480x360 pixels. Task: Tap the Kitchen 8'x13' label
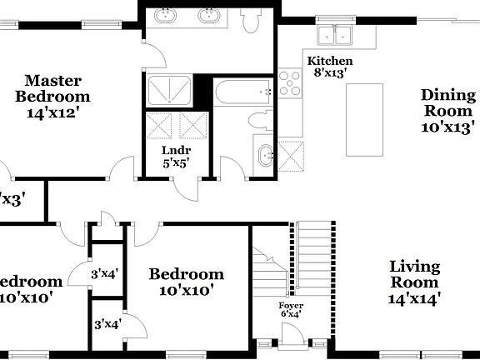pos(330,67)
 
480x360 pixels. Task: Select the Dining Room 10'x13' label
pos(447,110)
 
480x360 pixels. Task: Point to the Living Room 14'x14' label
pos(414,282)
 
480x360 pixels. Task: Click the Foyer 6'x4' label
pos(291,310)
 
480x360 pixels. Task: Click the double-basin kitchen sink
pos(336,35)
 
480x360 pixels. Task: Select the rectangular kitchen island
pos(364,119)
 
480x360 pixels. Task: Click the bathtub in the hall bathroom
pos(242,92)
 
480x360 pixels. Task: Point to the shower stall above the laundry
pos(169,90)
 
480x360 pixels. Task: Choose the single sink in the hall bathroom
pos(266,156)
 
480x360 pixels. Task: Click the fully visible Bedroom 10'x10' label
pos(186,282)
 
